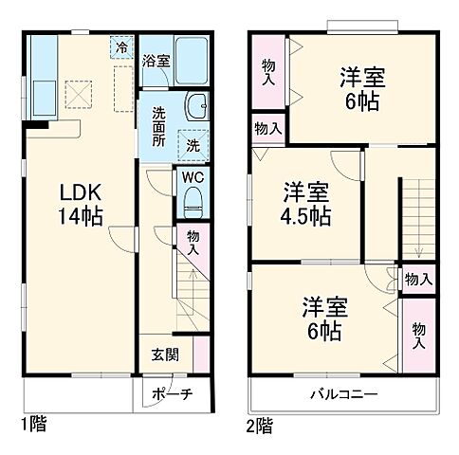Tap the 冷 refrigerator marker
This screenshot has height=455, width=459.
click(x=121, y=45)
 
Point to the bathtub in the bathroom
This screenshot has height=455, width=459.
click(x=192, y=63)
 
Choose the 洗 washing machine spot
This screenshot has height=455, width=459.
click(x=193, y=146)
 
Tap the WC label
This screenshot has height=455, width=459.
click(x=192, y=177)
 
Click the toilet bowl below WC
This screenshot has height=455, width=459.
click(x=193, y=201)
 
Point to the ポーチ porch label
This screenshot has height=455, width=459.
click(x=172, y=394)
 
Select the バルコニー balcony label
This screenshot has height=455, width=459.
click(x=344, y=393)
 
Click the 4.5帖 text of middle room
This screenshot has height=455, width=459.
click(x=306, y=216)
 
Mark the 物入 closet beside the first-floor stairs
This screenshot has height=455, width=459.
click(x=193, y=243)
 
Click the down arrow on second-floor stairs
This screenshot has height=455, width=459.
click(x=417, y=249)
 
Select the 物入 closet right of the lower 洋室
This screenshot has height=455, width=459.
click(x=418, y=337)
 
